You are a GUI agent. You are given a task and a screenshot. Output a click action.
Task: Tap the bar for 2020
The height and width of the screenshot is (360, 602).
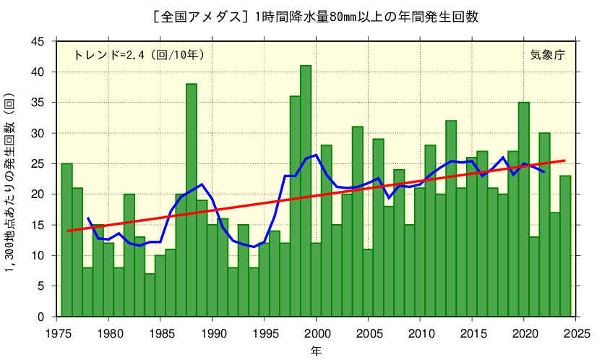tap(524, 210)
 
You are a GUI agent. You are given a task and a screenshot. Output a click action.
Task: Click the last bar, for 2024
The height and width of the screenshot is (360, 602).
tap(565, 247)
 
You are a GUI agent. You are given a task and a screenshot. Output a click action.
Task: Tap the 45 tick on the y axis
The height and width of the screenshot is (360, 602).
tap(38, 42)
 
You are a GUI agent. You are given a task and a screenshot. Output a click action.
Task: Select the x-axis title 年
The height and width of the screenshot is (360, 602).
tap(316, 351)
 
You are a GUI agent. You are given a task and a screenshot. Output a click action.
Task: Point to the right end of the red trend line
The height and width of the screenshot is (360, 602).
tap(564, 160)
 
